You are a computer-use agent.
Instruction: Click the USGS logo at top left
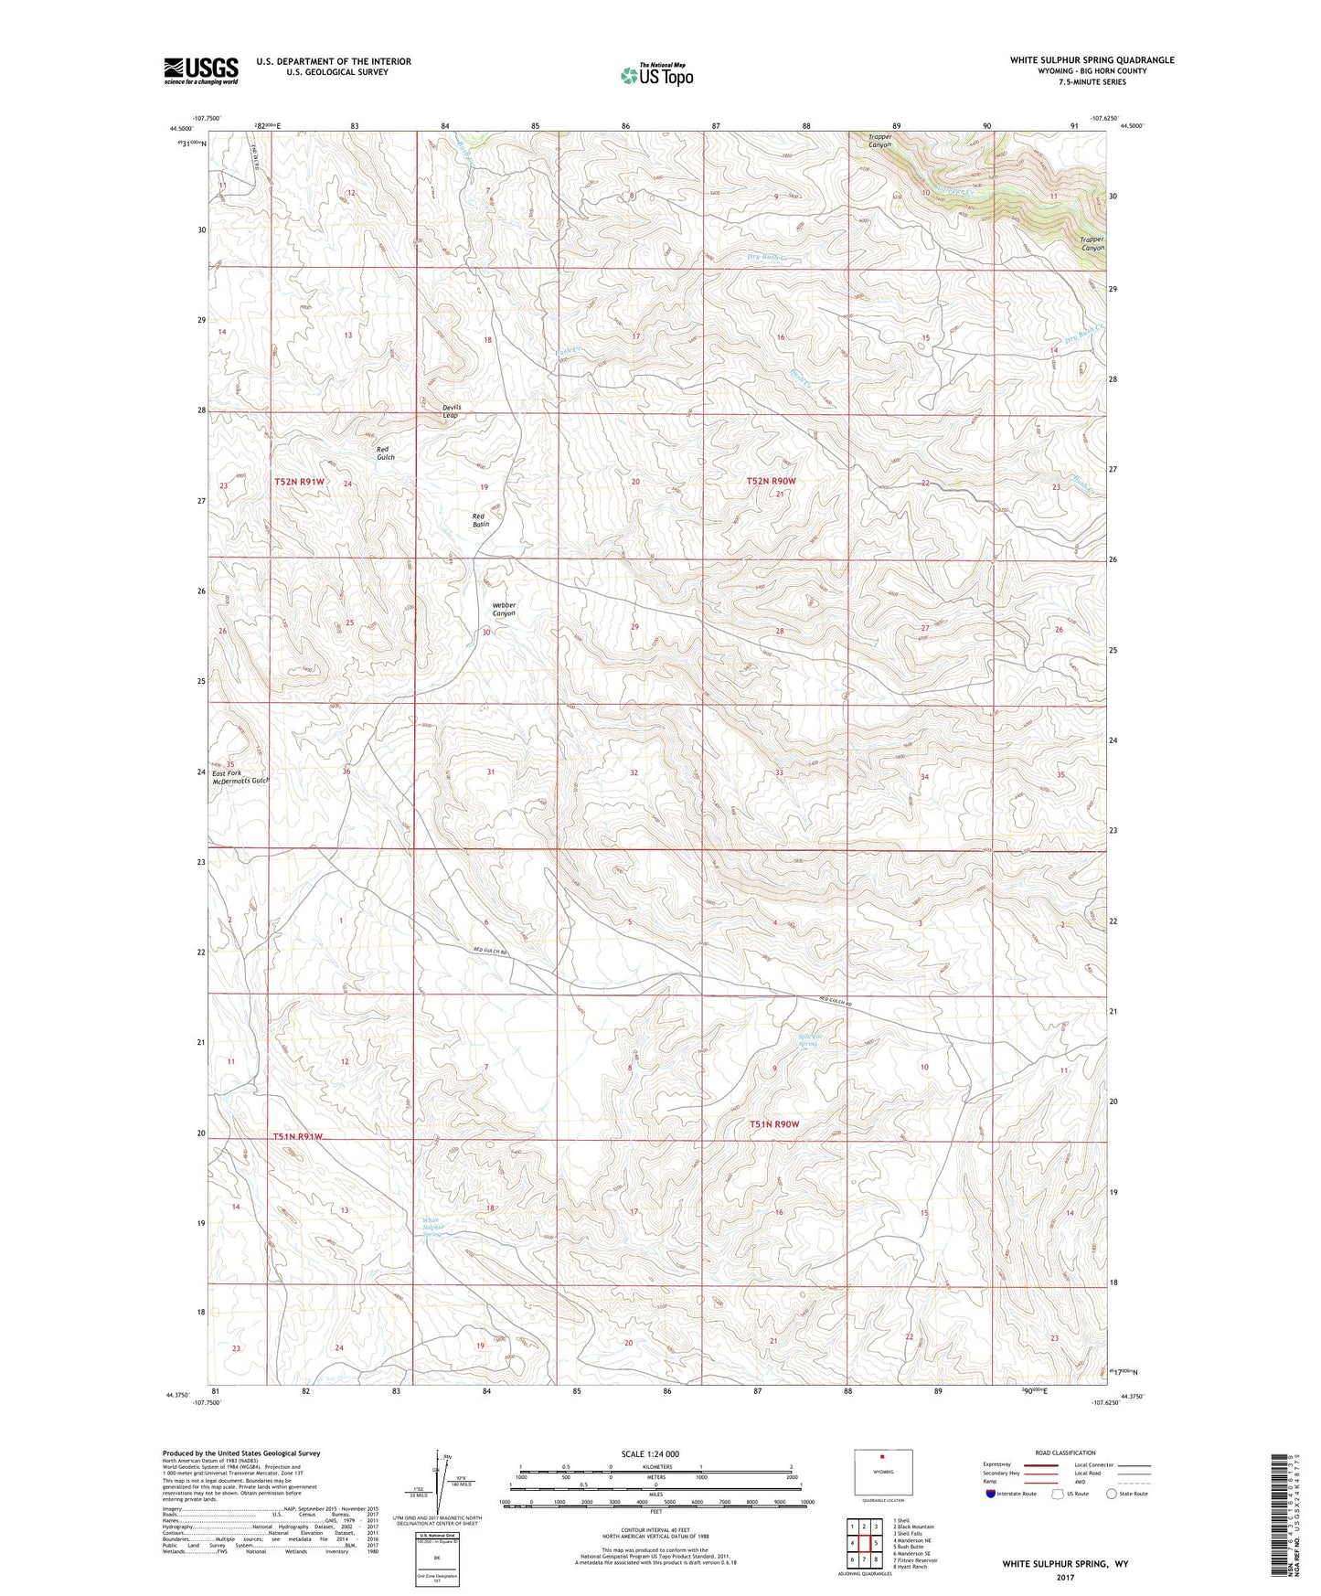[x=201, y=69]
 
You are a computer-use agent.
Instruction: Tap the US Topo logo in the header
[x=655, y=74]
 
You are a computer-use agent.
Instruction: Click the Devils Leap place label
[x=451, y=410]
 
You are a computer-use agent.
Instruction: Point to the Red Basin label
[x=481, y=520]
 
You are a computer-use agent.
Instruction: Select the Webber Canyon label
[x=504, y=609]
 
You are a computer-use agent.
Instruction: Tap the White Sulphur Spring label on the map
[x=431, y=1227]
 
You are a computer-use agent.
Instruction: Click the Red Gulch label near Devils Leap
[x=386, y=453]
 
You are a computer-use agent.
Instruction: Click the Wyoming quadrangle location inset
[x=882, y=1472]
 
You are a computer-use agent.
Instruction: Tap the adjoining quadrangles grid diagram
[x=864, y=1545]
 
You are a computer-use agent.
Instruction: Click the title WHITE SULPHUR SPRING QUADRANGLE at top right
[x=1092, y=60]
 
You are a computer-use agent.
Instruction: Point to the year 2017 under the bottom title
[x=1065, y=1578]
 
